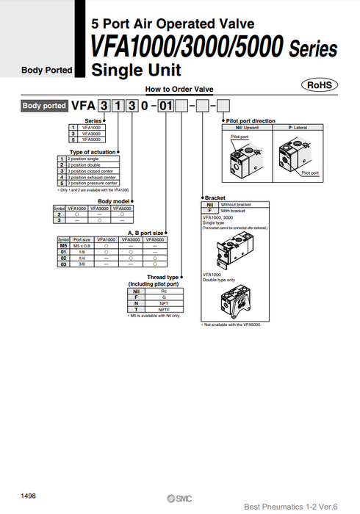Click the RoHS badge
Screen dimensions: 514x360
[x=320, y=85]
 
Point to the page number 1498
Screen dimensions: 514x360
[x=29, y=495]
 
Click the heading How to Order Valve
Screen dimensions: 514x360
[x=179, y=90]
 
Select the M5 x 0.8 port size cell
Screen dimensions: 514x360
[x=82, y=245]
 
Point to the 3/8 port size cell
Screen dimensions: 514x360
[x=82, y=265]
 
